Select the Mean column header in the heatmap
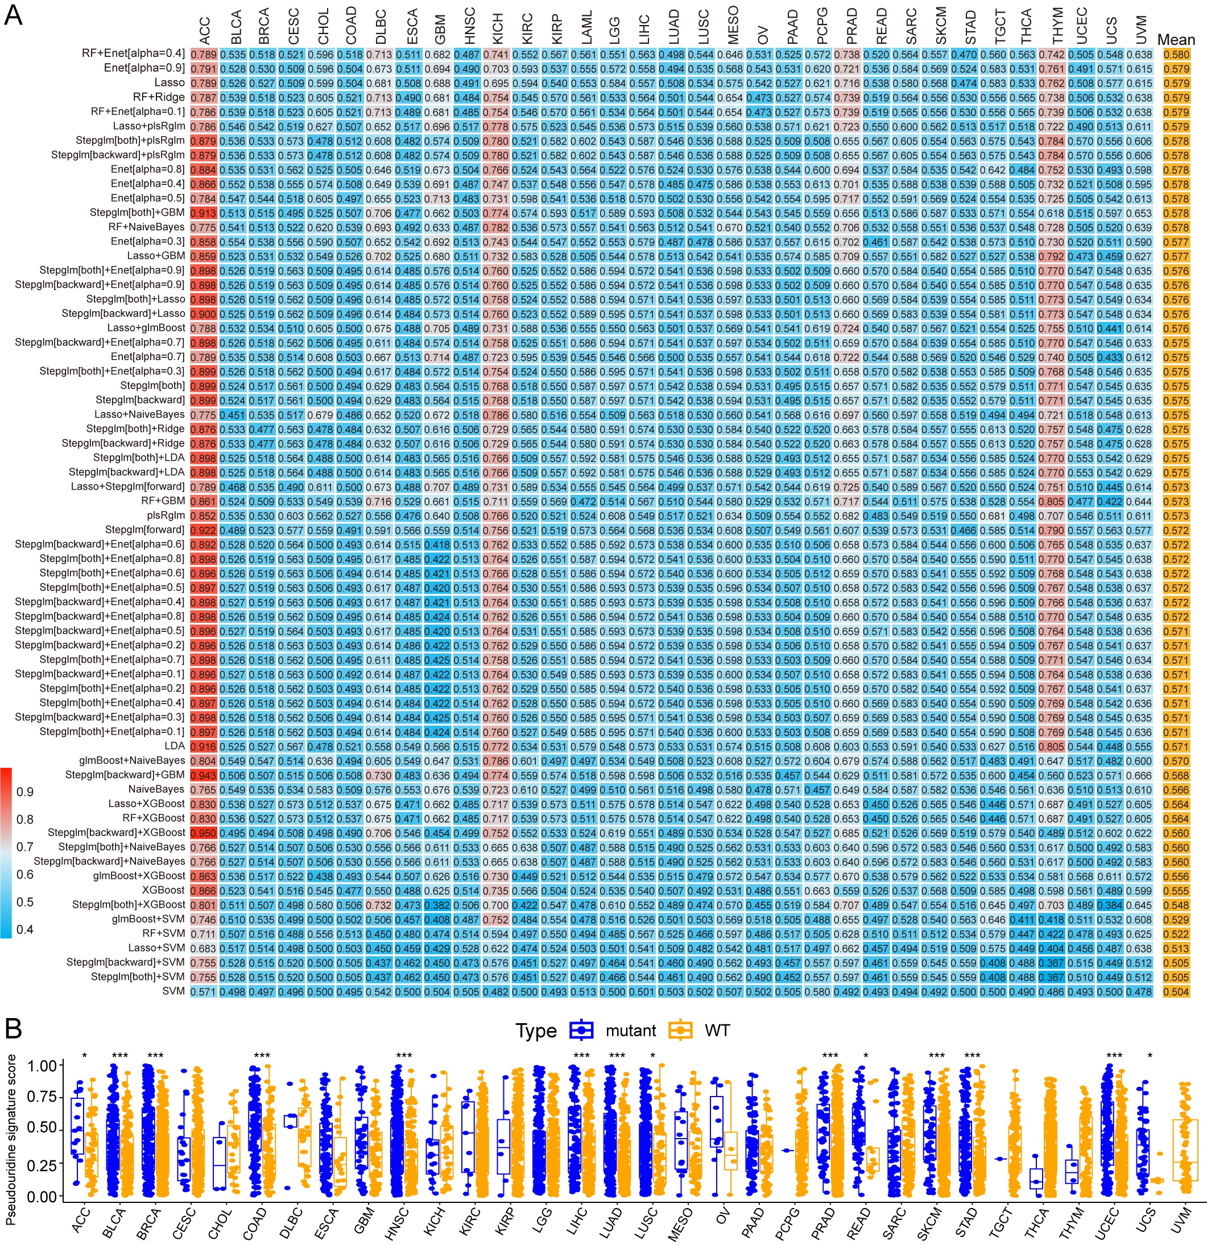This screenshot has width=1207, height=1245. [x=1176, y=40]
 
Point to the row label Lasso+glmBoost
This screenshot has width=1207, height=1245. [x=146, y=328]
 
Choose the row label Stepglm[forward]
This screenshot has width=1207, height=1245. [x=145, y=530]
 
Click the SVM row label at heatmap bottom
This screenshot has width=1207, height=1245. [x=173, y=991]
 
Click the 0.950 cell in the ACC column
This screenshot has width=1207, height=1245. [x=205, y=833]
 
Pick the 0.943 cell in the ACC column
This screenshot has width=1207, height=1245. [x=205, y=775]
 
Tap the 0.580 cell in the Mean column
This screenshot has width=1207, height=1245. [x=1176, y=54]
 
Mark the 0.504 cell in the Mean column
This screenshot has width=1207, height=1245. [x=1176, y=991]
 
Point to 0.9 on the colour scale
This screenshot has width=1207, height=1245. [x=26, y=792]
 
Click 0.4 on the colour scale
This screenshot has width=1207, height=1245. [x=26, y=929]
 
